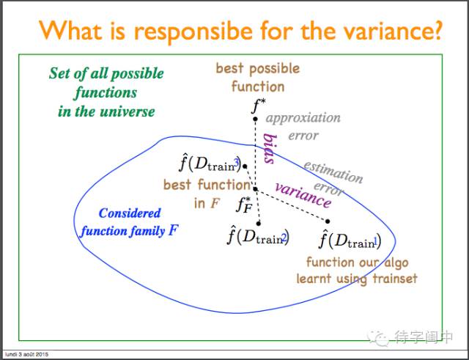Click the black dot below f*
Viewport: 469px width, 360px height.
(x=256, y=119)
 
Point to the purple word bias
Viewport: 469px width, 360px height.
(x=270, y=148)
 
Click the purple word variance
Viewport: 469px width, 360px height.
(x=303, y=195)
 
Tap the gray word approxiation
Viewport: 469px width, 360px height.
(x=303, y=118)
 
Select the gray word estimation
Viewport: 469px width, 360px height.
(x=333, y=171)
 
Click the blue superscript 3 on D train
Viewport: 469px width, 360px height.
(x=236, y=163)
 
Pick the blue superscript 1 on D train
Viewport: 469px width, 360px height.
(x=376, y=240)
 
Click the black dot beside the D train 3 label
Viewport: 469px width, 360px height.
(x=245, y=166)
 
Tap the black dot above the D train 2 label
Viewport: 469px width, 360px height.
(x=259, y=223)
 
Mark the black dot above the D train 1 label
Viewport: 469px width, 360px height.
(x=328, y=221)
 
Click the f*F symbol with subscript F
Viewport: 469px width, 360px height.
(x=243, y=204)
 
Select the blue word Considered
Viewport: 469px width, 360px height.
(x=130, y=213)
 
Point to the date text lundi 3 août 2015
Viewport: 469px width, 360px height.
(x=26, y=355)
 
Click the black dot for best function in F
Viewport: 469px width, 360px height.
(x=256, y=189)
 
